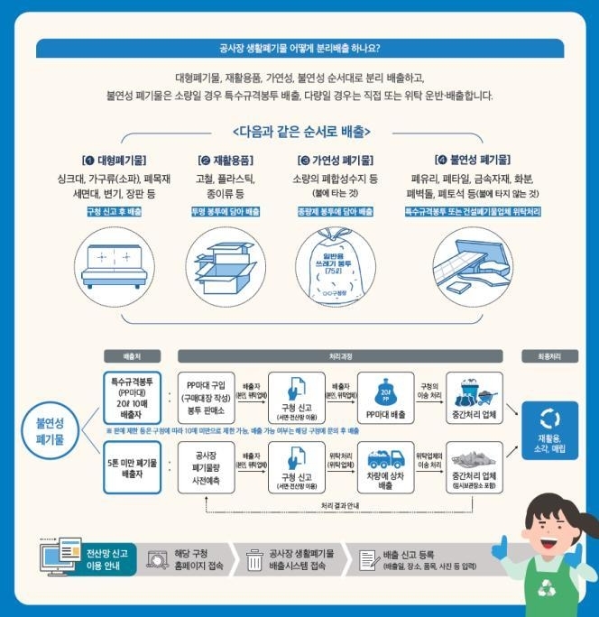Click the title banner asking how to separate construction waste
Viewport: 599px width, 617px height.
tap(299, 49)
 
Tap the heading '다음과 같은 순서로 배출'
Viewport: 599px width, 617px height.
tap(299, 130)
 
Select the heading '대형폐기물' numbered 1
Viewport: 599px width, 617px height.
tap(116, 160)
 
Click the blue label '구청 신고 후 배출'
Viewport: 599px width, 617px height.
tap(116, 211)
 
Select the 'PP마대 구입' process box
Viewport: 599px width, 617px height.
tap(207, 394)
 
